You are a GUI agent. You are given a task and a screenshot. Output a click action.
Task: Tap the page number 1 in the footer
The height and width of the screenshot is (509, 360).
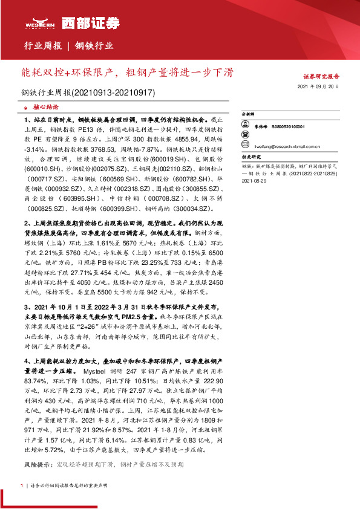(22, 485)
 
